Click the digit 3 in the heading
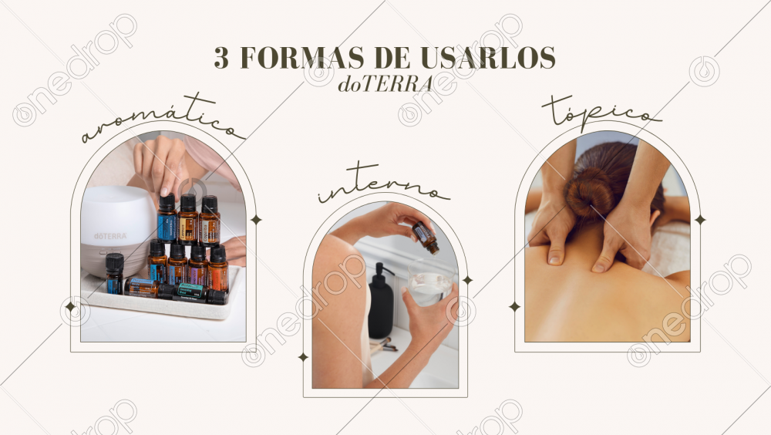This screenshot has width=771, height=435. pos(221,58)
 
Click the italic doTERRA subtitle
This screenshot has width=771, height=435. pos(385,84)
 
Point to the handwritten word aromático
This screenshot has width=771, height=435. pos(163,120)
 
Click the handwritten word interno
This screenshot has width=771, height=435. pos(384,183)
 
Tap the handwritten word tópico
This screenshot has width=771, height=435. pos(601,113)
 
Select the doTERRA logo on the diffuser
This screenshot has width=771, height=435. pos(110,236)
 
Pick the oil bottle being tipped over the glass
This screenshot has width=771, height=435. pos(426,238)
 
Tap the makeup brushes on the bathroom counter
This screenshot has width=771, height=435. pos(383,346)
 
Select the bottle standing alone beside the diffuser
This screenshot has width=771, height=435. pos(114,274)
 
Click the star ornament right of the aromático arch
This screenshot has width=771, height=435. pos(256,220)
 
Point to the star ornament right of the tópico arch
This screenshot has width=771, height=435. pos(700,220)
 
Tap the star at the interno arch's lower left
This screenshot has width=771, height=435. pos(303,357)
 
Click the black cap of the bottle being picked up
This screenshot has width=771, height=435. pos(167,202)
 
